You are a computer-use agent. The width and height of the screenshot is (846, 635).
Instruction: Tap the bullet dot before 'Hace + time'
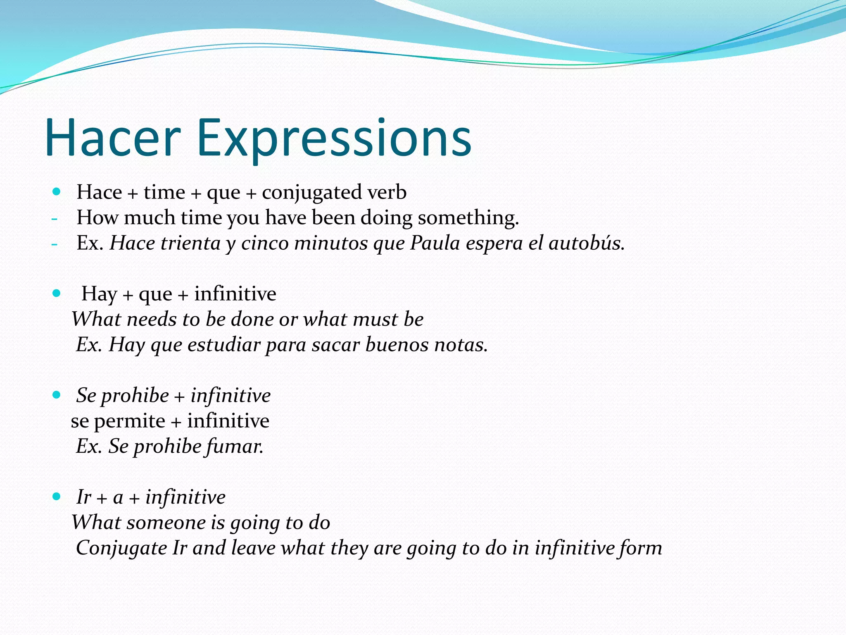coord(57,192)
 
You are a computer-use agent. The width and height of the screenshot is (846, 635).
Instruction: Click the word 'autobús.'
coord(586,243)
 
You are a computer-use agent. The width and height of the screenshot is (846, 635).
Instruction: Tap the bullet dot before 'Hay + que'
coord(57,294)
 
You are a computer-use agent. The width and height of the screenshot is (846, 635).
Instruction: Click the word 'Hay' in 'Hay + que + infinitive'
coord(99,294)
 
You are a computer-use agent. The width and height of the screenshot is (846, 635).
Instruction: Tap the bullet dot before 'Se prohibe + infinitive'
coord(57,395)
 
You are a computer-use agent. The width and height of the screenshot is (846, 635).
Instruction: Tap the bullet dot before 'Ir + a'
coord(57,497)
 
